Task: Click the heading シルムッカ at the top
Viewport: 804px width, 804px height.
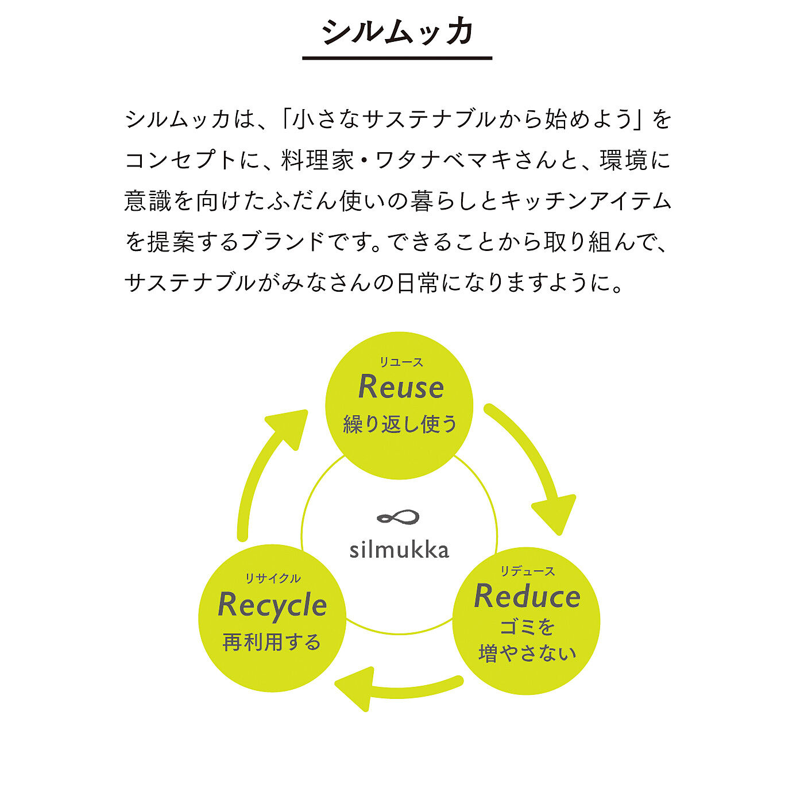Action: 397,32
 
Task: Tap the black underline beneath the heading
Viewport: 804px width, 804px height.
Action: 397,58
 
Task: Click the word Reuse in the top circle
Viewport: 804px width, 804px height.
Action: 401,387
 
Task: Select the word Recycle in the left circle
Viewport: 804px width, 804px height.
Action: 272,605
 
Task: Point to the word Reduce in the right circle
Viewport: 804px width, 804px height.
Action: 527,596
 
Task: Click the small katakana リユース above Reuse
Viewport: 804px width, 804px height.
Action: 401,362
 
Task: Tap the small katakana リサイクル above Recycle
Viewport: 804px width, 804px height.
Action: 273,578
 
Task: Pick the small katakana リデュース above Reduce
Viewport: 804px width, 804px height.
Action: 527,571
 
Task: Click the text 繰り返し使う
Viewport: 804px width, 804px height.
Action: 400,424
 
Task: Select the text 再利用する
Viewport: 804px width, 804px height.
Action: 272,642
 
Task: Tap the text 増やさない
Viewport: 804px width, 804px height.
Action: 527,654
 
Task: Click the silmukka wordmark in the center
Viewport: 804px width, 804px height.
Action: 399,550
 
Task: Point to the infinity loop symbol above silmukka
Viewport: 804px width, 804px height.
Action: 398,518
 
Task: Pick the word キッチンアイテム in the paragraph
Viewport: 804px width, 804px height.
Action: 586,201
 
